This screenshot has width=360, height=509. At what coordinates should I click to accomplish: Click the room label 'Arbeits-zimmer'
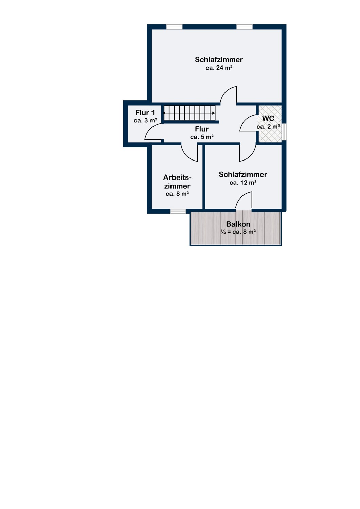tap(177, 182)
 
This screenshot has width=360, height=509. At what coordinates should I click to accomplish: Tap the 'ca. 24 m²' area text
tap(219, 68)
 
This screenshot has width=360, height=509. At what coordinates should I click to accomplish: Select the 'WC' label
tap(268, 119)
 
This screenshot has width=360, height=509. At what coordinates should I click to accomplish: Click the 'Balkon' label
tap(238, 224)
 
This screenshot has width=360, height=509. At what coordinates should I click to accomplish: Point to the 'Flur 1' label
tap(145, 113)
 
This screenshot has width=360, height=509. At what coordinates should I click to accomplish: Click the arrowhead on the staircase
tap(213, 113)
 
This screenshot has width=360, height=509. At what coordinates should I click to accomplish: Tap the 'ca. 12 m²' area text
tap(243, 183)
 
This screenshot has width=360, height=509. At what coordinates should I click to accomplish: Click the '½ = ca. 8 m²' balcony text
tap(238, 232)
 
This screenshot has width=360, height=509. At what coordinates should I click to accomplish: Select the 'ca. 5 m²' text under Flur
tap(202, 137)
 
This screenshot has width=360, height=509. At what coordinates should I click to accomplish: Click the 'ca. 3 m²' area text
tap(145, 121)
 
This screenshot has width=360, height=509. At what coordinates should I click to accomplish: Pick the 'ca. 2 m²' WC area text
tap(268, 127)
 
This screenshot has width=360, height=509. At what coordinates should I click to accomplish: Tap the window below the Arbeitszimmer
tap(178, 211)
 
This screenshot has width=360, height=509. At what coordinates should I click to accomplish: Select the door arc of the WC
tap(248, 123)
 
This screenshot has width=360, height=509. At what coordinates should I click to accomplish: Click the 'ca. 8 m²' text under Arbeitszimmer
tap(177, 194)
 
